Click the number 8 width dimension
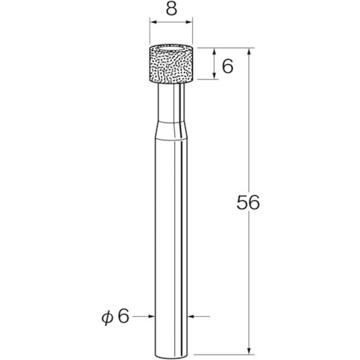point(171,11)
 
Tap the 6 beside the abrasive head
point(228,66)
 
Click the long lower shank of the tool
point(171,230)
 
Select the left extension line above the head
point(150,32)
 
